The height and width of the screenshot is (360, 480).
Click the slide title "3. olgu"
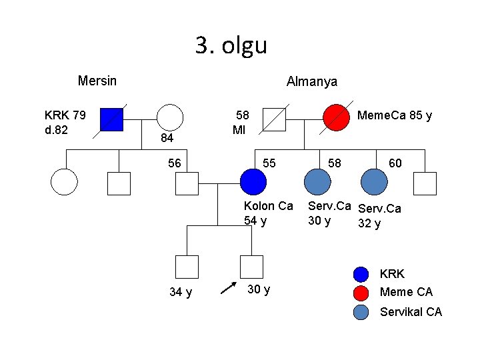point(231,45)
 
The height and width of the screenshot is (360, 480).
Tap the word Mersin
point(97,81)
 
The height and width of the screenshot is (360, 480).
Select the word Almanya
point(311,81)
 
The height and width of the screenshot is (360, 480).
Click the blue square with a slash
point(111,119)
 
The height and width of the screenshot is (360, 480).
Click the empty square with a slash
point(274,118)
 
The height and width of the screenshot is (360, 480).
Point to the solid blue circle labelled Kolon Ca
point(253,181)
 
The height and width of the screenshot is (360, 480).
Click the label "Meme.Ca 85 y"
point(394,115)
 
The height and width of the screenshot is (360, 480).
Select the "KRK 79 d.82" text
point(65,122)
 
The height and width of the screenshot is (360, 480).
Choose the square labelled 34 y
point(186,266)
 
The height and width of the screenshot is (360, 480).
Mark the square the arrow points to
point(251,266)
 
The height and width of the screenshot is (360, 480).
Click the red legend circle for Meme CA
point(361,292)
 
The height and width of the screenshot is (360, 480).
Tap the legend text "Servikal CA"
point(410,311)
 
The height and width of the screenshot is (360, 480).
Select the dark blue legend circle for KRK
point(361,274)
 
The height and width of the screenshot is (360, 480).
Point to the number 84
point(167,138)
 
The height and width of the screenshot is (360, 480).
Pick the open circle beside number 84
point(171,117)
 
